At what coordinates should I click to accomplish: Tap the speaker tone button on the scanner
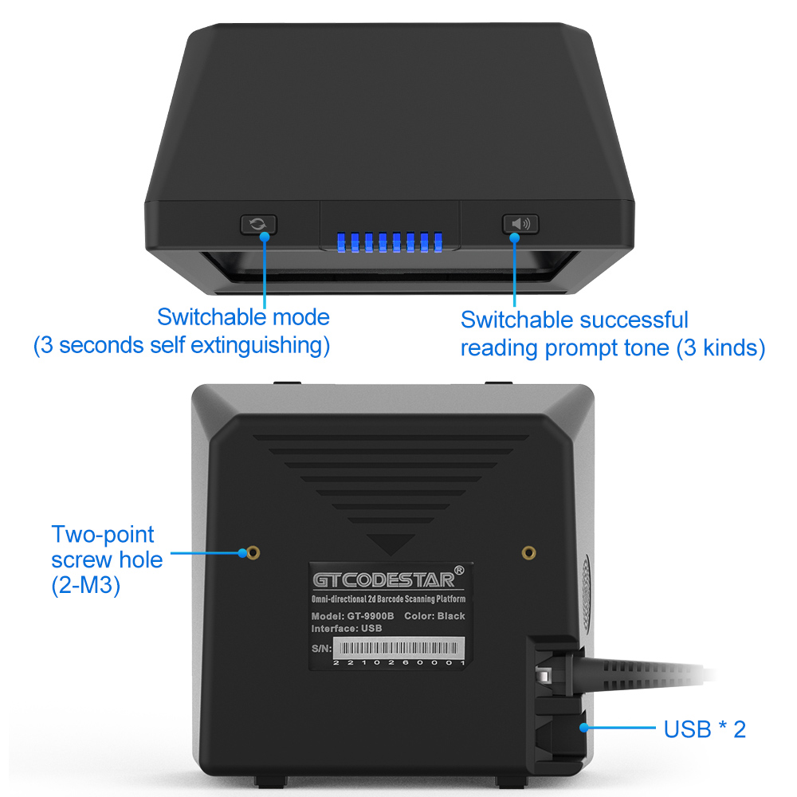(x=520, y=224)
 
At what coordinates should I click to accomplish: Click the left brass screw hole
(x=252, y=552)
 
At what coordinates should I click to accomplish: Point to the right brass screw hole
(x=528, y=552)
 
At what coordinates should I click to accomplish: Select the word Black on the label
(x=451, y=616)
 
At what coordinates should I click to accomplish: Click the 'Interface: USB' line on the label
(x=347, y=628)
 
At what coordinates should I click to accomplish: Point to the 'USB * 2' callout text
(x=705, y=728)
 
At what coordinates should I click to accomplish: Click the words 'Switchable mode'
(x=243, y=316)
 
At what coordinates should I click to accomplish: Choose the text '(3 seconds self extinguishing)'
(x=181, y=346)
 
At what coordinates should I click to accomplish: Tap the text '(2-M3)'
(x=85, y=587)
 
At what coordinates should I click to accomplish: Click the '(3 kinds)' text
(x=720, y=348)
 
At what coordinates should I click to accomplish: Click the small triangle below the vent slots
(x=391, y=545)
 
